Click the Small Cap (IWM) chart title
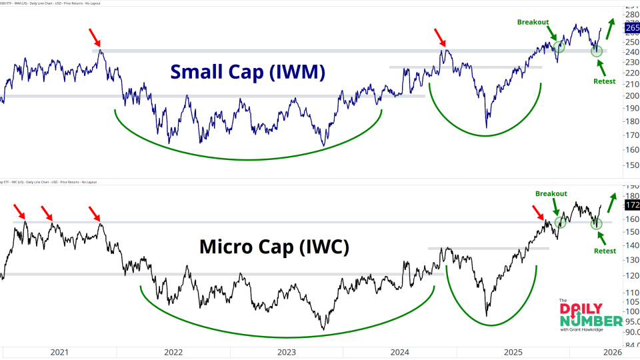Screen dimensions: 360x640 [247, 72]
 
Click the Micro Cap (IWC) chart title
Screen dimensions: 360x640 [274, 247]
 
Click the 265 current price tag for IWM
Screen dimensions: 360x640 [631, 28]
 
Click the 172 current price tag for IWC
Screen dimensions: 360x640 [631, 205]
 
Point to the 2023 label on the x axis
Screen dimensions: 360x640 [287, 351]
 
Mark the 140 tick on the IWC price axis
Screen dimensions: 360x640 [631, 245]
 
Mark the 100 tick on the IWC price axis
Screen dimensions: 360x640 [631, 311]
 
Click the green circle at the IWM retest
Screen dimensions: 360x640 [597, 51]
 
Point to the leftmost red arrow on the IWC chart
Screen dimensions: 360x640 [20, 212]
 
